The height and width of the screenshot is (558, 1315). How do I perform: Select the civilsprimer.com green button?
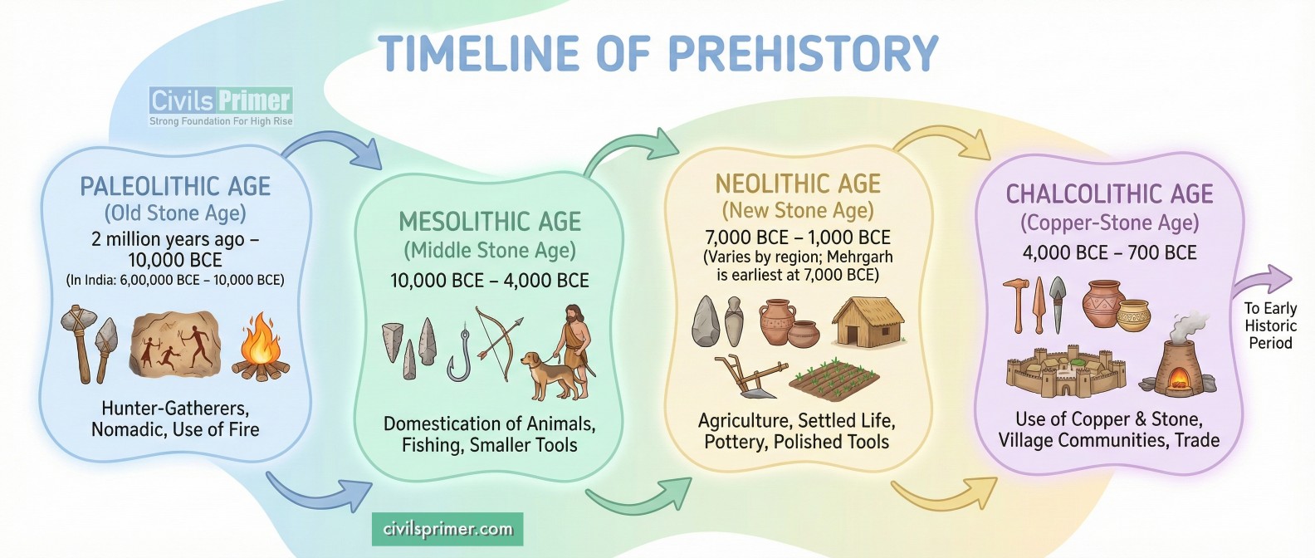tap(447, 529)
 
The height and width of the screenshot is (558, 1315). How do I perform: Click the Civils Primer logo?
tap(221, 106)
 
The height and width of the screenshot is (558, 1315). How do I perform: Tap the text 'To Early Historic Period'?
tap(1269, 325)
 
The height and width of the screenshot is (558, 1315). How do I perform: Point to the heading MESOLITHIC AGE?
tap(490, 222)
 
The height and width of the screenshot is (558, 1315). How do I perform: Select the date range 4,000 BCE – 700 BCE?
tap(1109, 252)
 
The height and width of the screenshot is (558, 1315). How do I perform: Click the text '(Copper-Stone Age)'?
tap(1109, 223)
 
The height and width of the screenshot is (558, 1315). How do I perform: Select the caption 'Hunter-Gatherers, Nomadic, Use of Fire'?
tap(175, 419)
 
